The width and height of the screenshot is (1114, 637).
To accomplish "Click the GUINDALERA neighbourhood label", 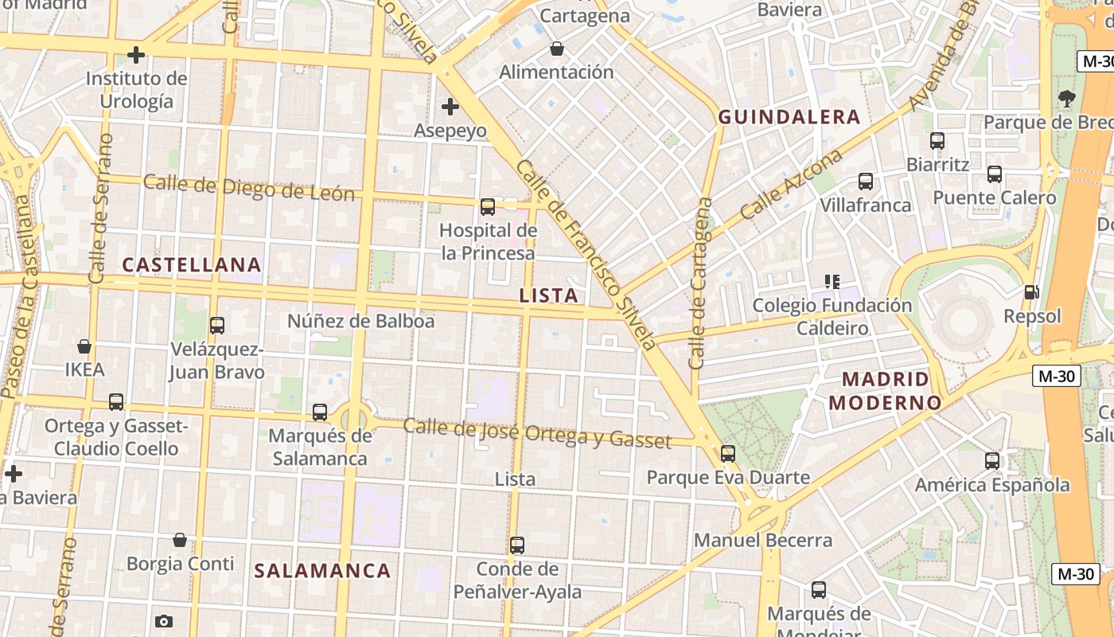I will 789,117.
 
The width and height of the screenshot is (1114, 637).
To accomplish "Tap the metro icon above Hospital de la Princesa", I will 488,207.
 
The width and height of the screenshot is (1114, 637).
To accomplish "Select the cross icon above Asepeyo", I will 450,106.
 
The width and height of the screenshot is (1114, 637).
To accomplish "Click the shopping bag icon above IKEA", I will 84,346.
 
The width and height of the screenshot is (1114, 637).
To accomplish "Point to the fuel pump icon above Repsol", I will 1031,292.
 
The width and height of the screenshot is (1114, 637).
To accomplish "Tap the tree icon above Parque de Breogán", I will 1066,99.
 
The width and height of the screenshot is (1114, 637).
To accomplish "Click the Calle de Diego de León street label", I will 249,188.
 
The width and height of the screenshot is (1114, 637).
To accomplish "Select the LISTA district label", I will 548,295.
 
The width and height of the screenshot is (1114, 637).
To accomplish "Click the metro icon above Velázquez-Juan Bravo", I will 216,326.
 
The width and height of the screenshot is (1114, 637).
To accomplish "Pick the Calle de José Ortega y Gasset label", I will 537,432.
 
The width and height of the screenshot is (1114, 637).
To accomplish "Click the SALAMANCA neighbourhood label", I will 322,570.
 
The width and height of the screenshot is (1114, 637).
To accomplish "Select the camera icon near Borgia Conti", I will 164,621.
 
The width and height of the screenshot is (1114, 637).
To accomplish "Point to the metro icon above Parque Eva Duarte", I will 727,454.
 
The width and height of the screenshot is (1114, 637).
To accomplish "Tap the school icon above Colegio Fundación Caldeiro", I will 832,281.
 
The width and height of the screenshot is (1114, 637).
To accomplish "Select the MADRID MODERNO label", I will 885,390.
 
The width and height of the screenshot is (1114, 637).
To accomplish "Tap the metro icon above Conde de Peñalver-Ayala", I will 517,545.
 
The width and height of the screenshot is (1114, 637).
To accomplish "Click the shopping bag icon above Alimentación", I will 557,49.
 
